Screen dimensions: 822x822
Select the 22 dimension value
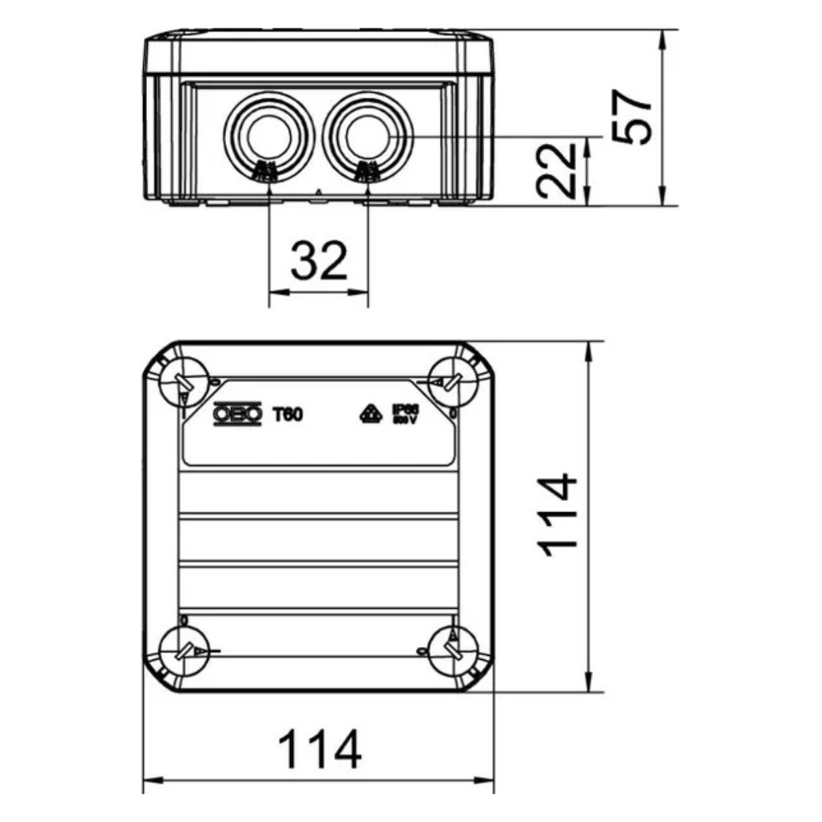[556, 170]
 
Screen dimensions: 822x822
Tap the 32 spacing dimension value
[319, 261]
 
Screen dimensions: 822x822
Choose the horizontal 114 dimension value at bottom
[319, 750]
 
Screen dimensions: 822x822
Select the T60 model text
[288, 414]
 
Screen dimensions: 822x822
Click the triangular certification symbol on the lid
[370, 414]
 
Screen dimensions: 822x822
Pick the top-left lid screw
[183, 381]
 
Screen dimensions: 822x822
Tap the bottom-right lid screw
[450, 651]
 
